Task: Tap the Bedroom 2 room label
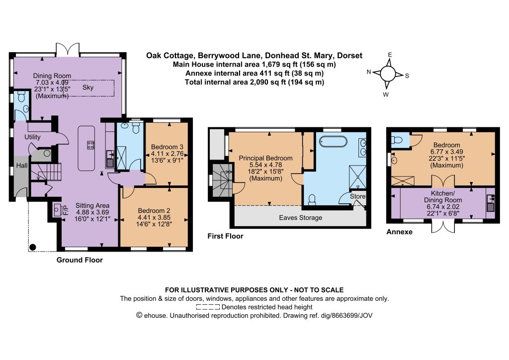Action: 154,211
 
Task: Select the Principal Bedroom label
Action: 265,158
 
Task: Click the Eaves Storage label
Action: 301,217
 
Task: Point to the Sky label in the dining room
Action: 88,88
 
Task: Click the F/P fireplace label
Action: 66,210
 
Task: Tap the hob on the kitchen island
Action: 90,145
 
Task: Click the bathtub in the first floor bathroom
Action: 333,142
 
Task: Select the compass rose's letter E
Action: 390,55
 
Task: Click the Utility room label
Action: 32,137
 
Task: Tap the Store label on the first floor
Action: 358,196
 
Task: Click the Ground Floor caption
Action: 80,260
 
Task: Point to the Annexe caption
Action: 399,232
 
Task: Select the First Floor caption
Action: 225,236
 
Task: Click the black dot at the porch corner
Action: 32,247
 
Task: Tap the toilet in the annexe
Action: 397,140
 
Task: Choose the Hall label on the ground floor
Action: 22,166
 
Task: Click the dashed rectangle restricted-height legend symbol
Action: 208,307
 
